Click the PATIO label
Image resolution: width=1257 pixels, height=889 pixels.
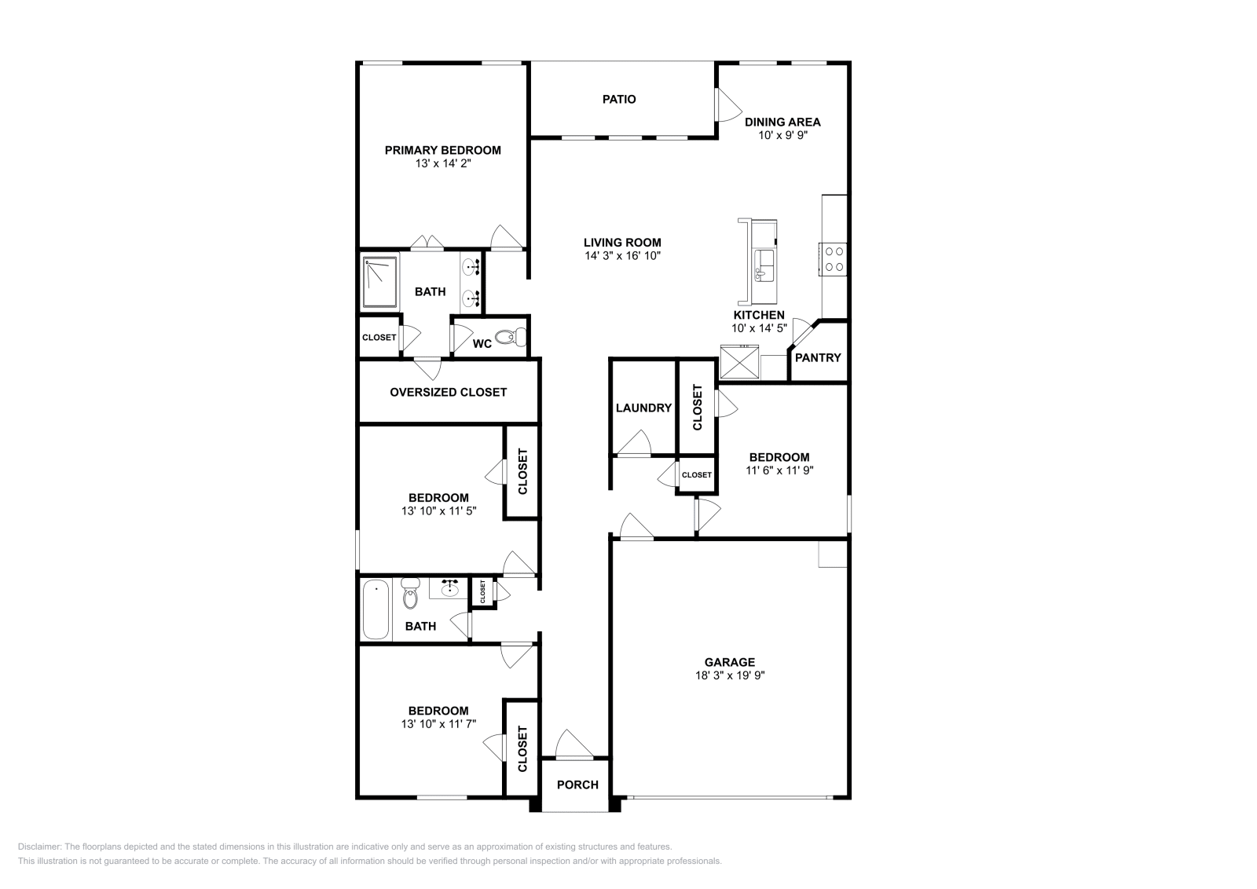(619, 100)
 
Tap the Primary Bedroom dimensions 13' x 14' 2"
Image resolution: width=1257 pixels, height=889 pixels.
(442, 164)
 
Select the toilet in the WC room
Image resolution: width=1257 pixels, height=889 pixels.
(511, 338)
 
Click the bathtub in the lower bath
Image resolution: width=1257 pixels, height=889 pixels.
(376, 609)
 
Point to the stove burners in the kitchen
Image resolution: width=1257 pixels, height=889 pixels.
(834, 260)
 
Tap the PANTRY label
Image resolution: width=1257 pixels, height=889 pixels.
(818, 357)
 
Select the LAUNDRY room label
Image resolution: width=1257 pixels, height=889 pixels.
(643, 408)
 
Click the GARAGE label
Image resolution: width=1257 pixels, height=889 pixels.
(729, 662)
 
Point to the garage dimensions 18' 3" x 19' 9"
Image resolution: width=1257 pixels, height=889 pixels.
(729, 675)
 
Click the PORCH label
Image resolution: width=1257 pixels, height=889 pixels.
(577, 785)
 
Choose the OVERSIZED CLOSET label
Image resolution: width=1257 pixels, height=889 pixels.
(448, 392)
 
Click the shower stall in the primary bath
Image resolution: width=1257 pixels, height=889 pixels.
(380, 281)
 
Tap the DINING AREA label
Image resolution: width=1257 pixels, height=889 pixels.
(782, 122)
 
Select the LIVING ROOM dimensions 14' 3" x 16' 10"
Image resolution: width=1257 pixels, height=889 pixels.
(622, 256)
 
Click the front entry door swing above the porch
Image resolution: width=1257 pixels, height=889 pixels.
(574, 744)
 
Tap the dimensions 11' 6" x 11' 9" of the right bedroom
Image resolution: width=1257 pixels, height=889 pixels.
(779, 470)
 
